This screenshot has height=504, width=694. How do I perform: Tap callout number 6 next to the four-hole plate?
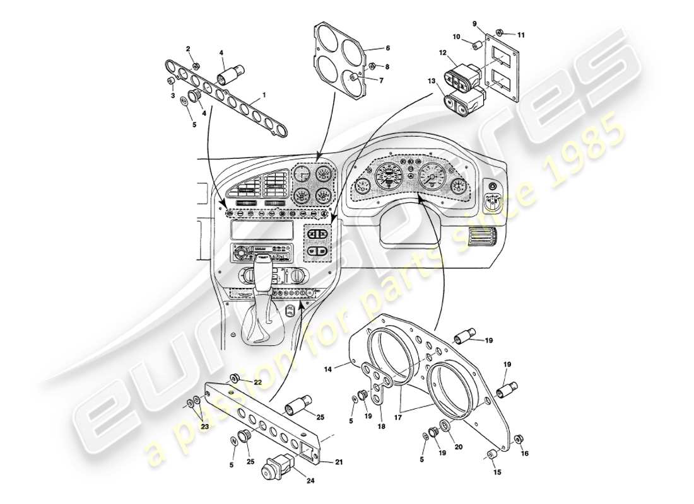(x=387, y=48)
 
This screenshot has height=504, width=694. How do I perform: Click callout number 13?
(x=431, y=81)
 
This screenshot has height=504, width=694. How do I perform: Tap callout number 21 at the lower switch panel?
(x=339, y=462)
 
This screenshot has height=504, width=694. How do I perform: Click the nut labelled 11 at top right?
(x=499, y=33)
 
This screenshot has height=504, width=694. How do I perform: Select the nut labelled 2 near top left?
(x=196, y=65)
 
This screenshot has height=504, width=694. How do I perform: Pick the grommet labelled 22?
(x=233, y=378)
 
